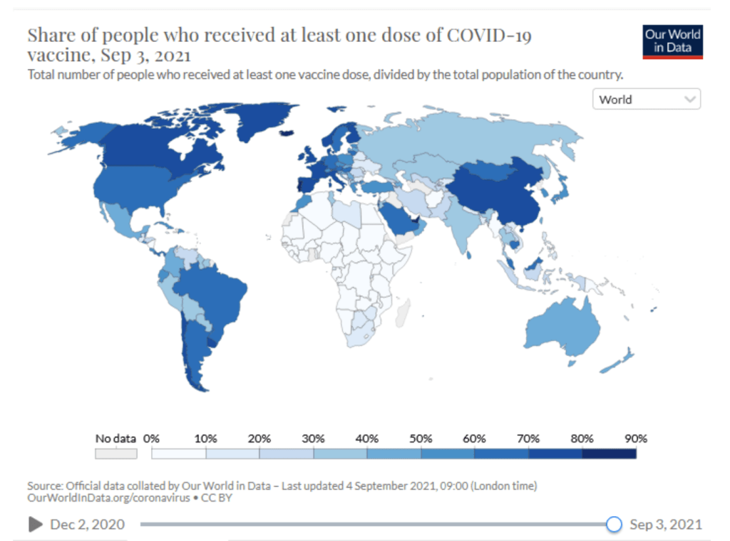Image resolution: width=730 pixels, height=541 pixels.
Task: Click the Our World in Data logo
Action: pos(672,41)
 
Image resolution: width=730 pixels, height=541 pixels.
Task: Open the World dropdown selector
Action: pos(646,100)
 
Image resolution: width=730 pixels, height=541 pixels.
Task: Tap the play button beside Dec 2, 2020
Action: pos(35,525)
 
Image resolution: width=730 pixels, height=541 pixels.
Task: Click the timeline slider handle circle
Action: pos(614,525)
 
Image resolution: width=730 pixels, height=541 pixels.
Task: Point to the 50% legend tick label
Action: pos(421,438)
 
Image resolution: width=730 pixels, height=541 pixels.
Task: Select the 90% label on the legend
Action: pos(636,438)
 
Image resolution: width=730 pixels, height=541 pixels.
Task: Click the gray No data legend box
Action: pos(115,453)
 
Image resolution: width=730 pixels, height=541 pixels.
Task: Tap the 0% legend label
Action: pos(151,438)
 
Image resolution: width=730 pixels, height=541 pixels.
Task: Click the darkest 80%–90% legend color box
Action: pos(609,453)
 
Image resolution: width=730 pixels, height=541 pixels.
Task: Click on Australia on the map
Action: pos(563,327)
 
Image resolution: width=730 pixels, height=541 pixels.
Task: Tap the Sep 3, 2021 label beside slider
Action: pos(666,525)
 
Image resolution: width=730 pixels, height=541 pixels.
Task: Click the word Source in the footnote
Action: pos(44,485)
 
